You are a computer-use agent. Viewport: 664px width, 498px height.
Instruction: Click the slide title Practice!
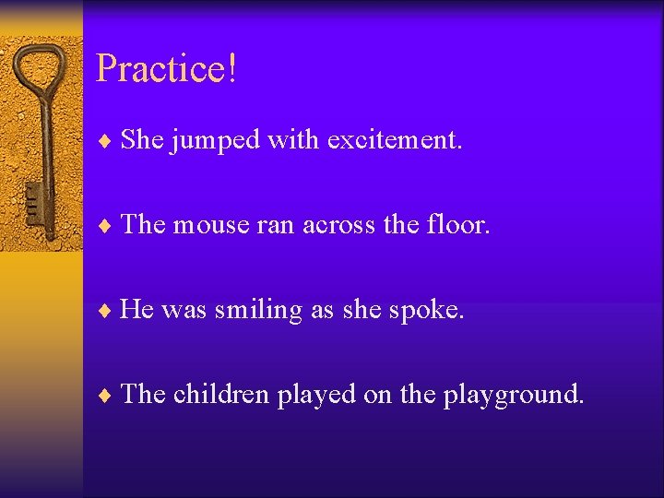click(167, 69)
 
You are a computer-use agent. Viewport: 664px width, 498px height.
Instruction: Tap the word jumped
click(216, 141)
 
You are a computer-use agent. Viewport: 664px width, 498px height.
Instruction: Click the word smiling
click(258, 310)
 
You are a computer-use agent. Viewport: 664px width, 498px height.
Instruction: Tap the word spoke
click(426, 310)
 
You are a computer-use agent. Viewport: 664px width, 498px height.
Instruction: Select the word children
click(220, 395)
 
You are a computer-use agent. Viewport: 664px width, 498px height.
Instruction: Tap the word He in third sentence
click(136, 310)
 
